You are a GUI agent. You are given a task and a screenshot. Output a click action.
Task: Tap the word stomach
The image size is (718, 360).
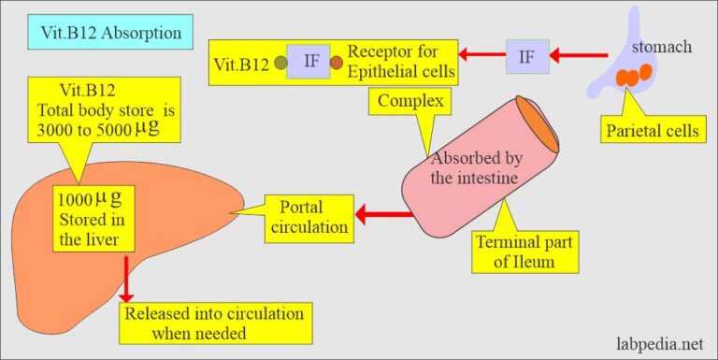[665, 46]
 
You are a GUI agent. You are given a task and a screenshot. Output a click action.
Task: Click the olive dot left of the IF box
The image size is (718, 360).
[279, 64]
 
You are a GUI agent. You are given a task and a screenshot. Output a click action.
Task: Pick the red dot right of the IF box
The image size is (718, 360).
[337, 64]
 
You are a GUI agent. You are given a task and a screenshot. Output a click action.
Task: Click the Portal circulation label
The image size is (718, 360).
[309, 218]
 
